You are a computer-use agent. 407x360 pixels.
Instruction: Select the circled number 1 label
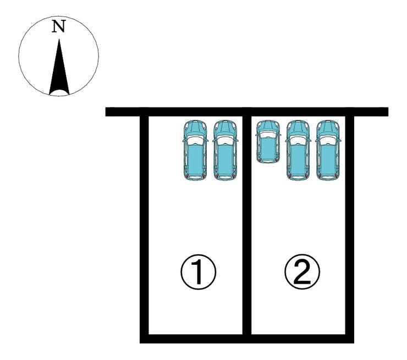point(198,272)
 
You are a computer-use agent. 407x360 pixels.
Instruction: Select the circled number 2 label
point(301,272)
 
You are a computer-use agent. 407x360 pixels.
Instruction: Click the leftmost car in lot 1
point(195,150)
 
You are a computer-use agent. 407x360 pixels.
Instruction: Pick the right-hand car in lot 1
point(225,150)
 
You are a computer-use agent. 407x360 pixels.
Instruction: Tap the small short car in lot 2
point(268,141)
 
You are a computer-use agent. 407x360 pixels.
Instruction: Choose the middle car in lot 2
point(298,150)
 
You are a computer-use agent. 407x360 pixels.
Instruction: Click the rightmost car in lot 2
point(327,150)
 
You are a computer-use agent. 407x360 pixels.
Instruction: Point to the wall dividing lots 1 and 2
point(247,231)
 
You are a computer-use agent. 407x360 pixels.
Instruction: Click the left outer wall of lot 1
point(145,231)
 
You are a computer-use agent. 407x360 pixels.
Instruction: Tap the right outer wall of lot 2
point(349,231)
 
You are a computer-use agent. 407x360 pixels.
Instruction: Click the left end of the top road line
point(109,112)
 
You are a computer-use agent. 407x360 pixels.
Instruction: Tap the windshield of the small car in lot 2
point(268,133)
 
